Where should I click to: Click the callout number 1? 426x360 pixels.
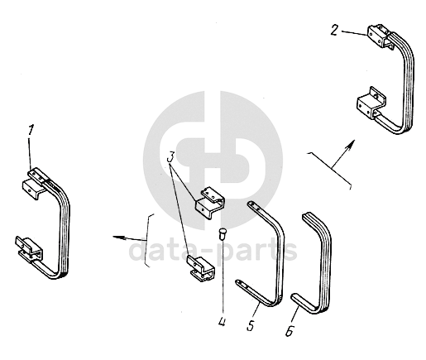(x=31, y=130)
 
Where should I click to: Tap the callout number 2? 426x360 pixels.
(x=334, y=30)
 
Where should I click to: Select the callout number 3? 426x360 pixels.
(x=171, y=157)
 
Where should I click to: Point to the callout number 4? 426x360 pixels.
(x=222, y=322)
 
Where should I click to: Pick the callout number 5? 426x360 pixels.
(x=251, y=325)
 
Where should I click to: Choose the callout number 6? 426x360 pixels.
(x=290, y=331)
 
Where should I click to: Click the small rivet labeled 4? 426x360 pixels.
(x=222, y=233)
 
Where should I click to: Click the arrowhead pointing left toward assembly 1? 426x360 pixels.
(x=118, y=237)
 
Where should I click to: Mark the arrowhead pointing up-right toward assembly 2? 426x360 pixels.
(x=350, y=145)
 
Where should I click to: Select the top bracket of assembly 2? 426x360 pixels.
(x=379, y=36)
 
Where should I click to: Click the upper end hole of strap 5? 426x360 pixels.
(x=251, y=204)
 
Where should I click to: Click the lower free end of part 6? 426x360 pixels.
(x=294, y=297)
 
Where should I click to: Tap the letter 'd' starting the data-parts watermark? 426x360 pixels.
(x=139, y=248)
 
